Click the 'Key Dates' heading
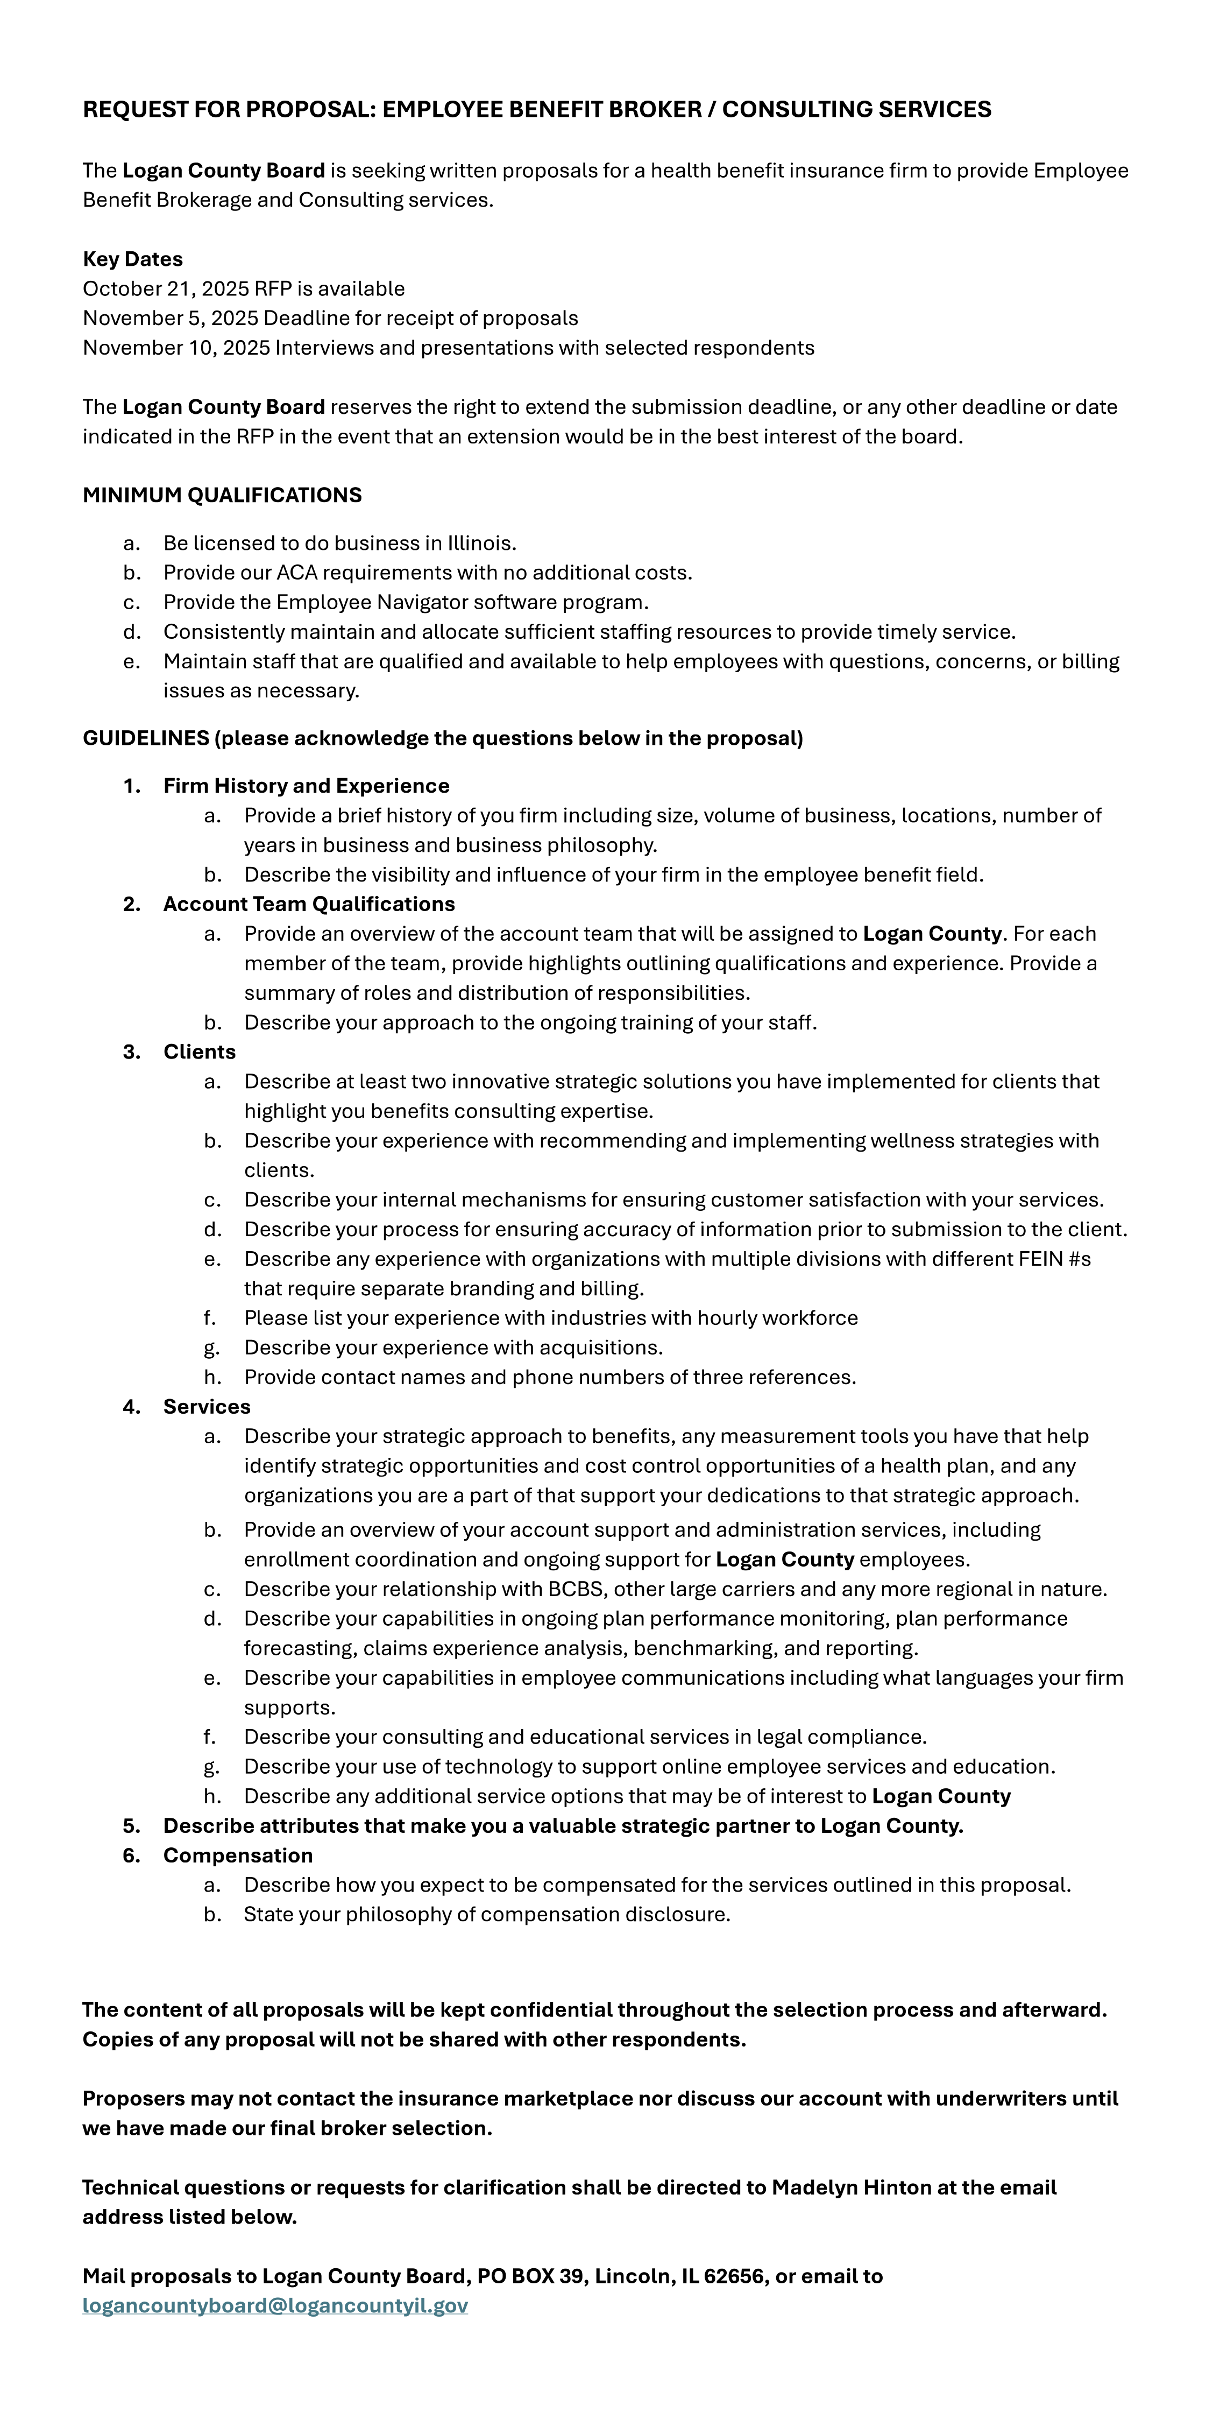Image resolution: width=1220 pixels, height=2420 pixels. pos(132,259)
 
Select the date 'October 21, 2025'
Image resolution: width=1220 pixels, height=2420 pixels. pos(165,288)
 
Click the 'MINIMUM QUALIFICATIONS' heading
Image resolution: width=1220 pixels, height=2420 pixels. pos(222,495)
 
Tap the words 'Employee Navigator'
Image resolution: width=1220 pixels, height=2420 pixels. pos(356,602)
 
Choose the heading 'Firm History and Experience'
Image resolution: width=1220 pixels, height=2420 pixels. pos(306,785)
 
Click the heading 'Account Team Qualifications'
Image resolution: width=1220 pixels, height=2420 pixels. pos(309,904)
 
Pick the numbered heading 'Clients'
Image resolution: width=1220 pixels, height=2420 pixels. pos(199,1051)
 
